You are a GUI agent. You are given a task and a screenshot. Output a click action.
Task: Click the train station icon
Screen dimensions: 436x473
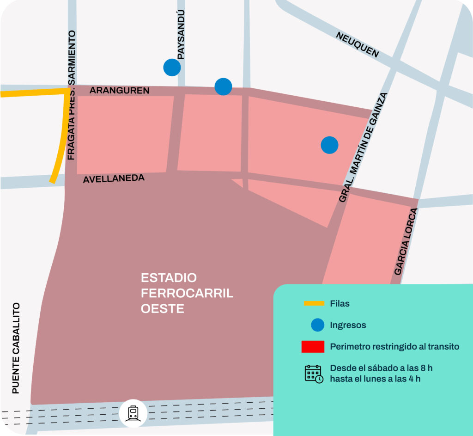pyautogui.click(x=133, y=413)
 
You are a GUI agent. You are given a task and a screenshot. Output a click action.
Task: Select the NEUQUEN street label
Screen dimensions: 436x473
pyautogui.click(x=357, y=45)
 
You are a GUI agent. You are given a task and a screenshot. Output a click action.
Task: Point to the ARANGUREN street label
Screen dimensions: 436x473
pyautogui.click(x=119, y=91)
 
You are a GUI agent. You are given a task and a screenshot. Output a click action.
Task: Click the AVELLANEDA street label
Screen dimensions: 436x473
pyautogui.click(x=114, y=178)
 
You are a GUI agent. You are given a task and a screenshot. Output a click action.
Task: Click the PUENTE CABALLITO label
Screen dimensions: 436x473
pyautogui.click(x=16, y=348)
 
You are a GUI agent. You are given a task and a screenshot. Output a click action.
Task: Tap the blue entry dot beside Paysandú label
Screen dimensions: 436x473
pyautogui.click(x=172, y=68)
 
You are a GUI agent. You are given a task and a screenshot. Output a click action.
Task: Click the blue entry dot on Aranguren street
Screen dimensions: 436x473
pyautogui.click(x=223, y=86)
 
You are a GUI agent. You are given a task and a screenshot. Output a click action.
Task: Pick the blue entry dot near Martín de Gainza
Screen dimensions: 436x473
pyautogui.click(x=329, y=145)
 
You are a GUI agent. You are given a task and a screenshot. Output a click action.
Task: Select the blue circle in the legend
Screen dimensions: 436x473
pyautogui.click(x=318, y=325)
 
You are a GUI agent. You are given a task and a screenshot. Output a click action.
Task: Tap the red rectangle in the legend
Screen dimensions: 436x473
pyautogui.click(x=313, y=347)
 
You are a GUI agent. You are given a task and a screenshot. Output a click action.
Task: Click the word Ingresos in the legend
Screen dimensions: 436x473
pyautogui.click(x=348, y=325)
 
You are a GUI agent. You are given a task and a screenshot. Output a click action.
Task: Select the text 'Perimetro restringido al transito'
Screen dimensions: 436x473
pyautogui.click(x=394, y=347)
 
